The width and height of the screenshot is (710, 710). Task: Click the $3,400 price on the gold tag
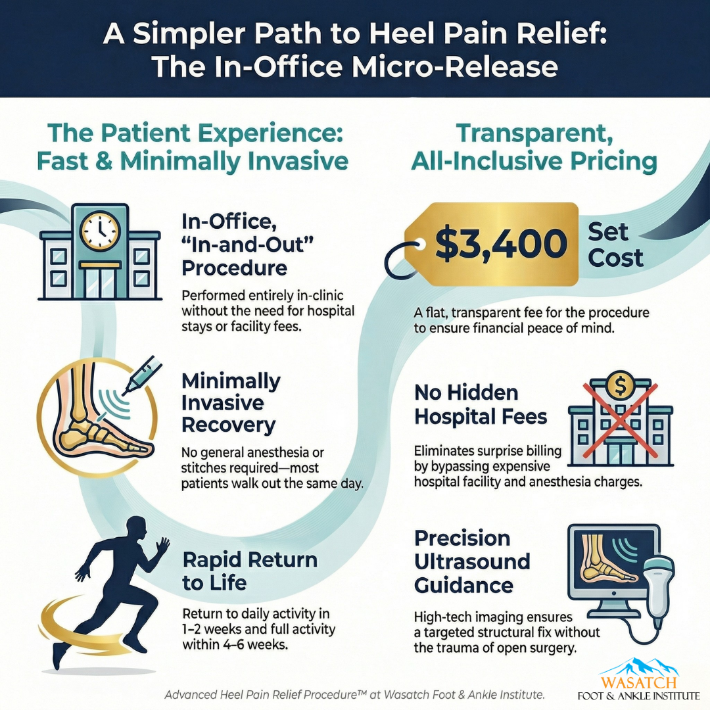point(501,245)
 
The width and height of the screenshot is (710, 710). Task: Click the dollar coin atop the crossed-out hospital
point(617,385)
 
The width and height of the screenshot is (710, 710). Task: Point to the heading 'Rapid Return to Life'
point(249,571)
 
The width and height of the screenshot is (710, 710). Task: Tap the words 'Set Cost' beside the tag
point(615,245)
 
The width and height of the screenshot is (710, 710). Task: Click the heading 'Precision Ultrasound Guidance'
point(471,561)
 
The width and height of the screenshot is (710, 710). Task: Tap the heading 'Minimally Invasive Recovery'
point(231,402)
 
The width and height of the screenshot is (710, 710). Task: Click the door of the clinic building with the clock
point(100,281)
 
